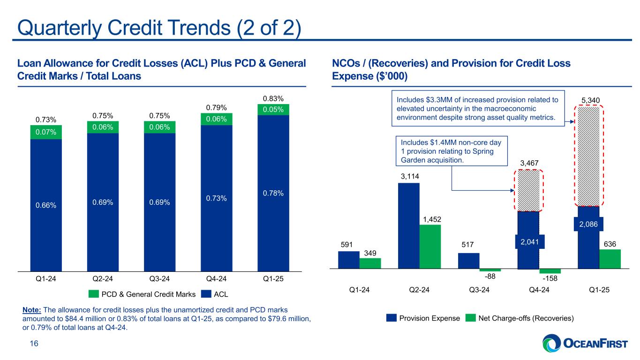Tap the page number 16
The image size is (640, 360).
pyautogui.click(x=30, y=344)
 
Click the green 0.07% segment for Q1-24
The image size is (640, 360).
pyautogui.click(x=46, y=132)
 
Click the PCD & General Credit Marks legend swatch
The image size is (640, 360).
pyautogui.click(x=94, y=294)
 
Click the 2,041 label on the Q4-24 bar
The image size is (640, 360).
pyautogui.click(x=528, y=241)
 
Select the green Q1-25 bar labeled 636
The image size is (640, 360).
pyautogui.click(x=610, y=259)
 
